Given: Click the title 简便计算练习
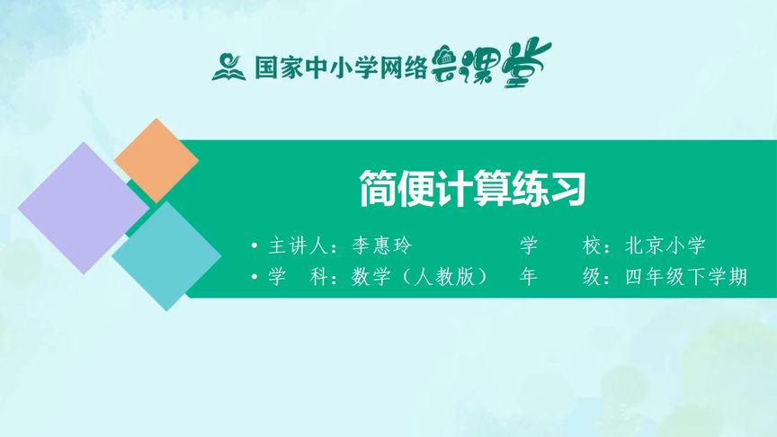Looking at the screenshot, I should click(472, 189).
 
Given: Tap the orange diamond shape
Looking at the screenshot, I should click(156, 160).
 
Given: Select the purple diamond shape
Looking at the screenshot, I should click(83, 208).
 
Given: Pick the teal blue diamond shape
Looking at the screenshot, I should click(166, 255).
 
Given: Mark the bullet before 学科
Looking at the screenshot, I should click(256, 277).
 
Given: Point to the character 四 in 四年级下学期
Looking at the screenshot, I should click(633, 277).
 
